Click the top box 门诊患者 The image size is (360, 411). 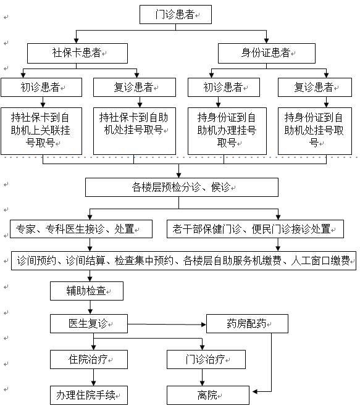[175, 14]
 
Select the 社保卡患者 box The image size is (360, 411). [77, 53]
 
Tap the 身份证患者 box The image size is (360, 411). [266, 53]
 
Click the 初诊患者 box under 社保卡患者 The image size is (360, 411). [41, 87]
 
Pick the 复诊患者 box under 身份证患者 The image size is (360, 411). [315, 87]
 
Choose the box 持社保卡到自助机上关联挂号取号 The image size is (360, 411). [41, 131]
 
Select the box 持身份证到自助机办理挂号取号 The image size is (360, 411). [227, 131]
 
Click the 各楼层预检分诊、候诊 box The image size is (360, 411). [182, 188]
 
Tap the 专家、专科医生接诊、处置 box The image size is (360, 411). [81, 229]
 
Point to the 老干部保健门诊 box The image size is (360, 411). [255, 229]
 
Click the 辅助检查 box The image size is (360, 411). [86, 291]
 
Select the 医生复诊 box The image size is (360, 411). [89, 324]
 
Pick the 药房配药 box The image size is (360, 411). [247, 324]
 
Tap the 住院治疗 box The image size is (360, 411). [89, 359]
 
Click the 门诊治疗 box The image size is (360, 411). [206, 359]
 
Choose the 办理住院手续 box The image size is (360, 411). [89, 395]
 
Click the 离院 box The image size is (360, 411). [208, 395]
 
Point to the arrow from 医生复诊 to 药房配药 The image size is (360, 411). [167, 325]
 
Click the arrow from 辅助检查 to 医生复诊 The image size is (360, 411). [90, 307]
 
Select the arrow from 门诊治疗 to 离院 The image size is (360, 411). [202, 378]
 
